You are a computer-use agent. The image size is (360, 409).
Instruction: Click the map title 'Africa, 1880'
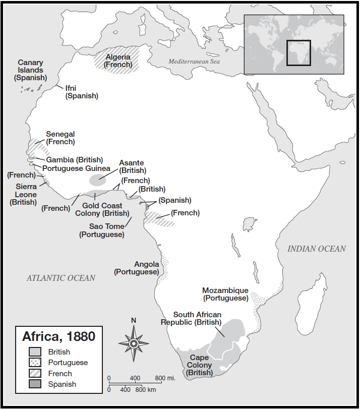tap(58, 336)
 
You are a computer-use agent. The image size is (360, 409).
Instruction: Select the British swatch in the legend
tap(35, 352)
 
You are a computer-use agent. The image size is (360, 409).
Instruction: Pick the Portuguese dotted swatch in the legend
tap(35, 363)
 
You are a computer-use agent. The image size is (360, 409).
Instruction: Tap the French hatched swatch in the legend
tap(35, 374)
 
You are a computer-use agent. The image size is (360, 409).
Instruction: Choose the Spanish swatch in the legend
tap(35, 384)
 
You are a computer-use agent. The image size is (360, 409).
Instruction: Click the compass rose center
tap(134, 343)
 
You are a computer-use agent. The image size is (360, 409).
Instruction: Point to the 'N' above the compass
tap(134, 320)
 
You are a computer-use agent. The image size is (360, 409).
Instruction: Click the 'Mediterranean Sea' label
tap(194, 62)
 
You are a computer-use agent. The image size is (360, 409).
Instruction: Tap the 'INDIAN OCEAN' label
tap(317, 249)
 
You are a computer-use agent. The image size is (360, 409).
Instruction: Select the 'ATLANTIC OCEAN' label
tap(61, 278)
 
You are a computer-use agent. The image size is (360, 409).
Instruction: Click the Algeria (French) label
tap(118, 61)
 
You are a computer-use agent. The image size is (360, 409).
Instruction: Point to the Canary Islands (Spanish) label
tap(30, 70)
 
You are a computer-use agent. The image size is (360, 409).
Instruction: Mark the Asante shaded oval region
tap(98, 180)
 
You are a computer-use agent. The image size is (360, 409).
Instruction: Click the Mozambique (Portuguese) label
tap(225, 294)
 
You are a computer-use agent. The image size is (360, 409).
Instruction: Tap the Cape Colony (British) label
tap(199, 365)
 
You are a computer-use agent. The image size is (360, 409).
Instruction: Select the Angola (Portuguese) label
tap(137, 268)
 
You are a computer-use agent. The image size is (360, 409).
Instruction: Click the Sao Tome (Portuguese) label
tap(102, 230)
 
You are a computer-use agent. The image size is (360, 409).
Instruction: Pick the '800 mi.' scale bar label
tap(165, 378)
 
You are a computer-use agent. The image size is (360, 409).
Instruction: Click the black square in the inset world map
tap(298, 53)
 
